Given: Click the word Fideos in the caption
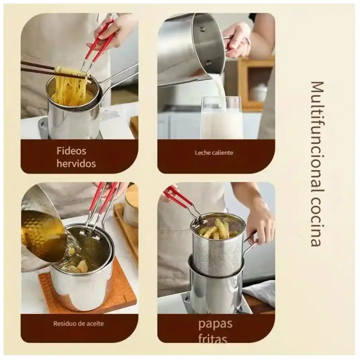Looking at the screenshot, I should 71,151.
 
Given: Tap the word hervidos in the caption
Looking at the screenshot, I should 76,163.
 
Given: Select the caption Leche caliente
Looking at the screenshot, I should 214,153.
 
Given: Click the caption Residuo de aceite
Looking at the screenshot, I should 78,323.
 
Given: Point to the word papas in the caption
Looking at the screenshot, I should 215,323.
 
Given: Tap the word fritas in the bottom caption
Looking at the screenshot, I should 212,338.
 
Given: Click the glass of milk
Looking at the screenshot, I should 221,121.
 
